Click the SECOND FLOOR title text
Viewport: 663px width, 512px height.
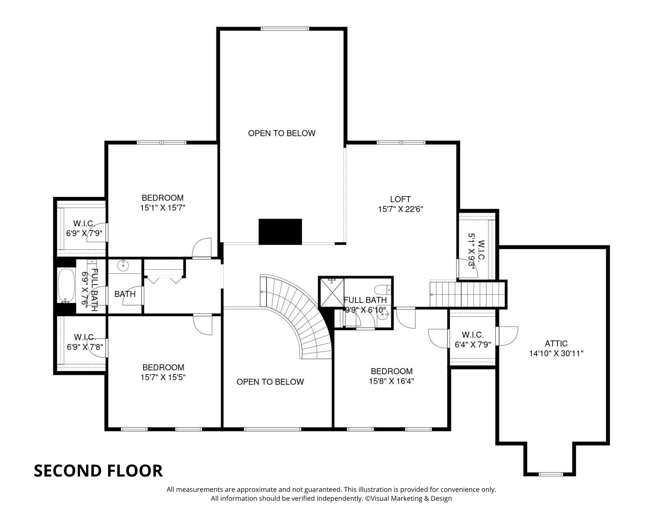click(98, 471)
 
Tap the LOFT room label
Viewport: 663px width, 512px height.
click(400, 199)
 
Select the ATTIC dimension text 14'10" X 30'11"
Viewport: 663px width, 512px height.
click(556, 354)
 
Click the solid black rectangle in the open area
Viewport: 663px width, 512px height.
click(280, 232)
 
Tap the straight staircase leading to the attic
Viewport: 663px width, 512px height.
click(467, 294)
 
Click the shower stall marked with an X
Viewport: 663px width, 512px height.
click(331, 293)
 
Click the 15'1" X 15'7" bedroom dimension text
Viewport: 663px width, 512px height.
click(162, 208)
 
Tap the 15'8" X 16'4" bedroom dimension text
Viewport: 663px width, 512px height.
click(392, 381)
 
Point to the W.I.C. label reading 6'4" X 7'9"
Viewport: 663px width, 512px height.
click(472, 345)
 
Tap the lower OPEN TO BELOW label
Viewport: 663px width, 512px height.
click(270, 382)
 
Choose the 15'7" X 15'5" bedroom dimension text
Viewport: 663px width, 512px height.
click(163, 377)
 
